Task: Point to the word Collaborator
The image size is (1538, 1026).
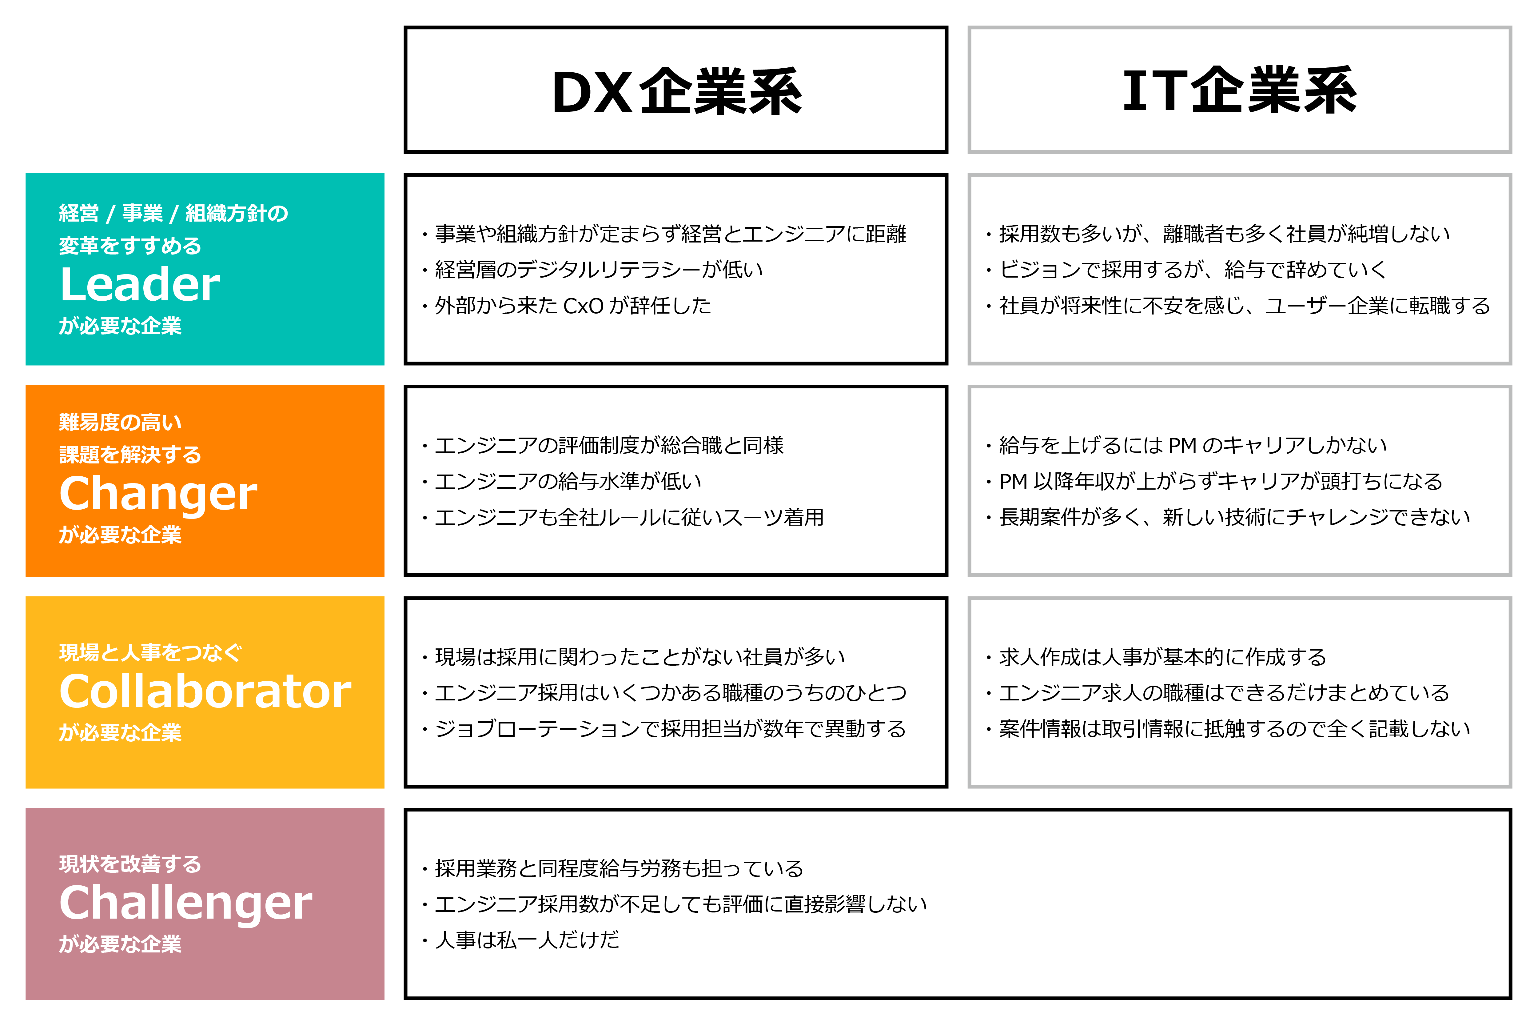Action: click(x=205, y=691)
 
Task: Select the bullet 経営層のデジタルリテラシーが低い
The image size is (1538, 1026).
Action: click(x=592, y=270)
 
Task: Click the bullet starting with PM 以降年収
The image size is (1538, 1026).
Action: click(x=1214, y=482)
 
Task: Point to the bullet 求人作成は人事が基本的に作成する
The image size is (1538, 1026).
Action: click(x=1156, y=657)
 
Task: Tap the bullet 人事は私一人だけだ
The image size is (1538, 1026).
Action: click(x=520, y=940)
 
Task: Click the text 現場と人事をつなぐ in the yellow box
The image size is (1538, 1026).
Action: click(x=150, y=652)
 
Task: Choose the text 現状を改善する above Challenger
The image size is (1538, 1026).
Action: click(x=130, y=864)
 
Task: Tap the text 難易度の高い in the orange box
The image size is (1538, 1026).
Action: click(x=120, y=422)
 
